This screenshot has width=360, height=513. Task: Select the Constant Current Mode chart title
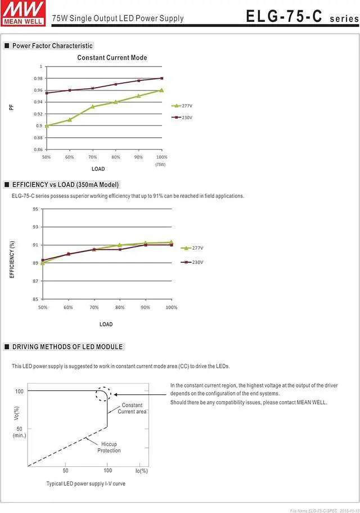pyautogui.click(x=112, y=57)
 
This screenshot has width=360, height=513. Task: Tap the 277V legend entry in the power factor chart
pyautogui.click(x=183, y=105)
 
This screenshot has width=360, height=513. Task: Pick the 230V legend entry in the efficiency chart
pyautogui.click(x=192, y=262)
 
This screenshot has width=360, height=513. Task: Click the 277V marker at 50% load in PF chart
pyautogui.click(x=46, y=125)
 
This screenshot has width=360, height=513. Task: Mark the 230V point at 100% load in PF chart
pyautogui.click(x=161, y=78)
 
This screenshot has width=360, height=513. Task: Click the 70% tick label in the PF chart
pyautogui.click(x=92, y=157)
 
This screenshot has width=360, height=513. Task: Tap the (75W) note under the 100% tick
pyautogui.click(x=161, y=164)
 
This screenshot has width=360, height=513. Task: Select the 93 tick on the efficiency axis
pyautogui.click(x=35, y=227)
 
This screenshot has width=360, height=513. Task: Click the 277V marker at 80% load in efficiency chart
pyautogui.click(x=119, y=245)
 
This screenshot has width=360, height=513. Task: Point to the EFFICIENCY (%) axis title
pyautogui.click(x=12, y=259)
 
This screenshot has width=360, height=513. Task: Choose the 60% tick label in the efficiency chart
pyautogui.click(x=68, y=307)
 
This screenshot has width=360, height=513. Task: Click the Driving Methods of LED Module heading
pyautogui.click(x=67, y=346)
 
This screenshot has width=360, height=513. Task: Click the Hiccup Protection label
pyautogui.click(x=109, y=447)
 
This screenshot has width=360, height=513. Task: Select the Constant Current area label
pyautogui.click(x=132, y=408)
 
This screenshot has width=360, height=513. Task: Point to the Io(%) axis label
pyautogui.click(x=141, y=470)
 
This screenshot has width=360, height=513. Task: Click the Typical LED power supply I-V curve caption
pyautogui.click(x=85, y=484)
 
